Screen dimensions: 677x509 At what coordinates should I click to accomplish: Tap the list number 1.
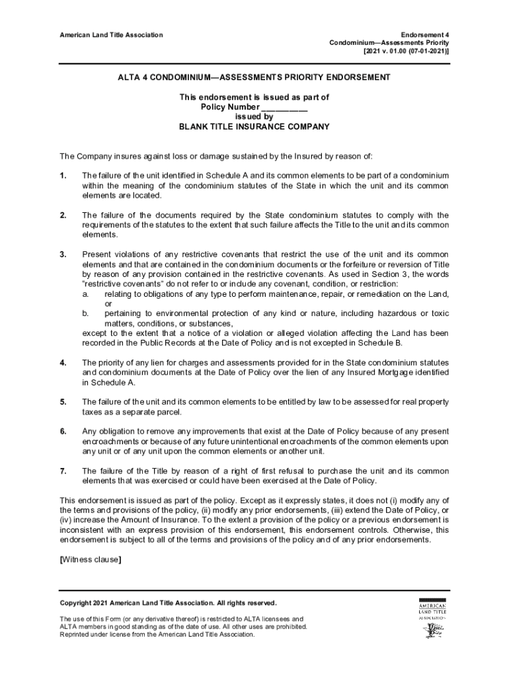(63, 175)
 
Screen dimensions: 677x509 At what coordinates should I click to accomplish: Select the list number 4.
(63, 363)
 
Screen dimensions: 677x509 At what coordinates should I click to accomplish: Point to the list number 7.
(63, 471)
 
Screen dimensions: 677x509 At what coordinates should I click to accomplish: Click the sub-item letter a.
(84, 294)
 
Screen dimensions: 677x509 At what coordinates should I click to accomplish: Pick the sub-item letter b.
(85, 313)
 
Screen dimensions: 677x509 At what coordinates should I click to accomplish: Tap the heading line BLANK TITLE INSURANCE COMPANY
(254, 127)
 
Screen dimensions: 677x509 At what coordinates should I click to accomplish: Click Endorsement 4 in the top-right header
(425, 34)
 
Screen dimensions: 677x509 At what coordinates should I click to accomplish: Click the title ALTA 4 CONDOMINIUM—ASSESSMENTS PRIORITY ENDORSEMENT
(254, 77)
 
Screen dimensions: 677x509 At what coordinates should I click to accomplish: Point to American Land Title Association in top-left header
(111, 34)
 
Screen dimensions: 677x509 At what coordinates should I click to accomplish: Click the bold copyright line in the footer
(169, 602)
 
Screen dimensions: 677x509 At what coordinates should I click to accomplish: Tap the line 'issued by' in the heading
(254, 117)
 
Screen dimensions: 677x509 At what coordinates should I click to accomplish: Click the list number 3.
(63, 255)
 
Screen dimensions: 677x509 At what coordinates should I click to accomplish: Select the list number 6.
(63, 432)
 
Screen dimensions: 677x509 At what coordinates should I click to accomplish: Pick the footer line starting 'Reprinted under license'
(157, 634)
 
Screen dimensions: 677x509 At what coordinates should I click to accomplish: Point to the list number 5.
(63, 402)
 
